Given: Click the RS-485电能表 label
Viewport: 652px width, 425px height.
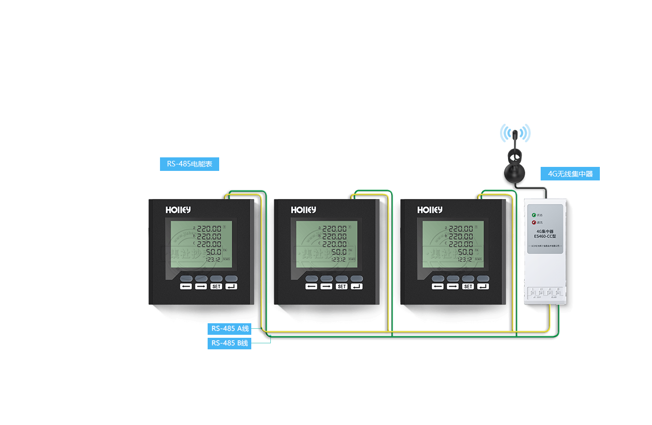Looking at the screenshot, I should coord(190,164).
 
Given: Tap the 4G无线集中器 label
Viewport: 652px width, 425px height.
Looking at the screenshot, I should coord(570,174).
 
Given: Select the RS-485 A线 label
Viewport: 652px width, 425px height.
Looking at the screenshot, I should coord(229,329).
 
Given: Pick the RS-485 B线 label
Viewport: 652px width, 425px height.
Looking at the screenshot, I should coord(229,343).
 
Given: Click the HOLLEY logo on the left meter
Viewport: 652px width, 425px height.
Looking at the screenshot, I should coord(178,210).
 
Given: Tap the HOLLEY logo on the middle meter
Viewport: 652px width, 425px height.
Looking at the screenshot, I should coord(303,210).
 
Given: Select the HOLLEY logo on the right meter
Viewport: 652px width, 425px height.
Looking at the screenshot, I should coord(430,210).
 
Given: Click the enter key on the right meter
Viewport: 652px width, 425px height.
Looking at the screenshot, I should coord(483,286).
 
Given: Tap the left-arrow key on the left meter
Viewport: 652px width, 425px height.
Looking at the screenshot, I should coord(186,286).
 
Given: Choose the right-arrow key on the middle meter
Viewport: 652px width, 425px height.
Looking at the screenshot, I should coord(327,286).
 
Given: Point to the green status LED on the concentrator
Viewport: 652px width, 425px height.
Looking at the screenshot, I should coord(534,215).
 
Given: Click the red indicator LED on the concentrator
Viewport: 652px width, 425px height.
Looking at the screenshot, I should coord(534,222).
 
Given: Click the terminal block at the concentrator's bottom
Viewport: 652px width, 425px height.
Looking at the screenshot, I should coord(545,293).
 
